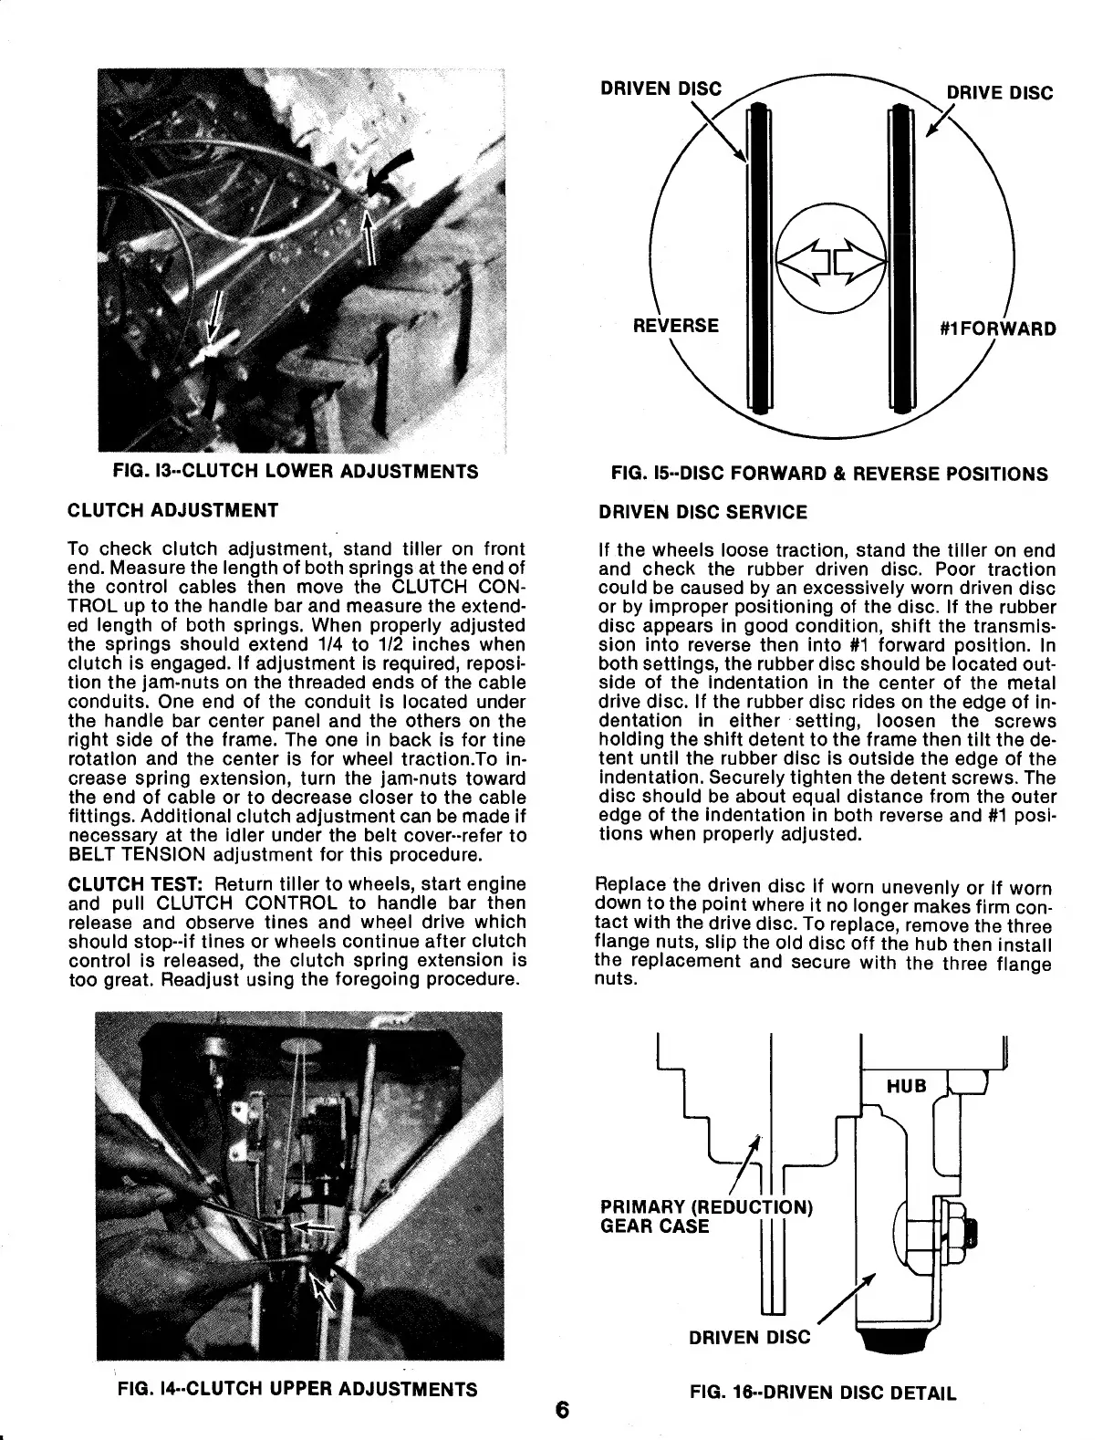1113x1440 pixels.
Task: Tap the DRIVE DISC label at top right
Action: pyautogui.click(x=999, y=93)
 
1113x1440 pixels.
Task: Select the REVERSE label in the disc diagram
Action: pyautogui.click(x=676, y=326)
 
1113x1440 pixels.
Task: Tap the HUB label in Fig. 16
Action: pyautogui.click(x=906, y=1085)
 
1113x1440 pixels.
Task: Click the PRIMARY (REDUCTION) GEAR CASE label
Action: pyautogui.click(x=702, y=1216)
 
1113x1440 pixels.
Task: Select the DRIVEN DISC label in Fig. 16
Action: pyautogui.click(x=749, y=1337)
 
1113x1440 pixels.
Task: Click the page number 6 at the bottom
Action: pyautogui.click(x=561, y=1410)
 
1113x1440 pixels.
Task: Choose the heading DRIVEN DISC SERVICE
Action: pyautogui.click(x=702, y=512)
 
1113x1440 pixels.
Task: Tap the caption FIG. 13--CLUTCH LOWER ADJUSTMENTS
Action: pyautogui.click(x=294, y=472)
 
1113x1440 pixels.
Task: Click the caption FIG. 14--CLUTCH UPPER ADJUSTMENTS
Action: pyautogui.click(x=297, y=1389)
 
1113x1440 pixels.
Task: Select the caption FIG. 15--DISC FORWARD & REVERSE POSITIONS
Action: pyautogui.click(x=829, y=474)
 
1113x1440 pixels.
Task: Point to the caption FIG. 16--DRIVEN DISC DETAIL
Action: pyautogui.click(x=823, y=1393)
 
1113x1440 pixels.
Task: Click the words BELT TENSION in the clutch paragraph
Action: pyautogui.click(x=129, y=856)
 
